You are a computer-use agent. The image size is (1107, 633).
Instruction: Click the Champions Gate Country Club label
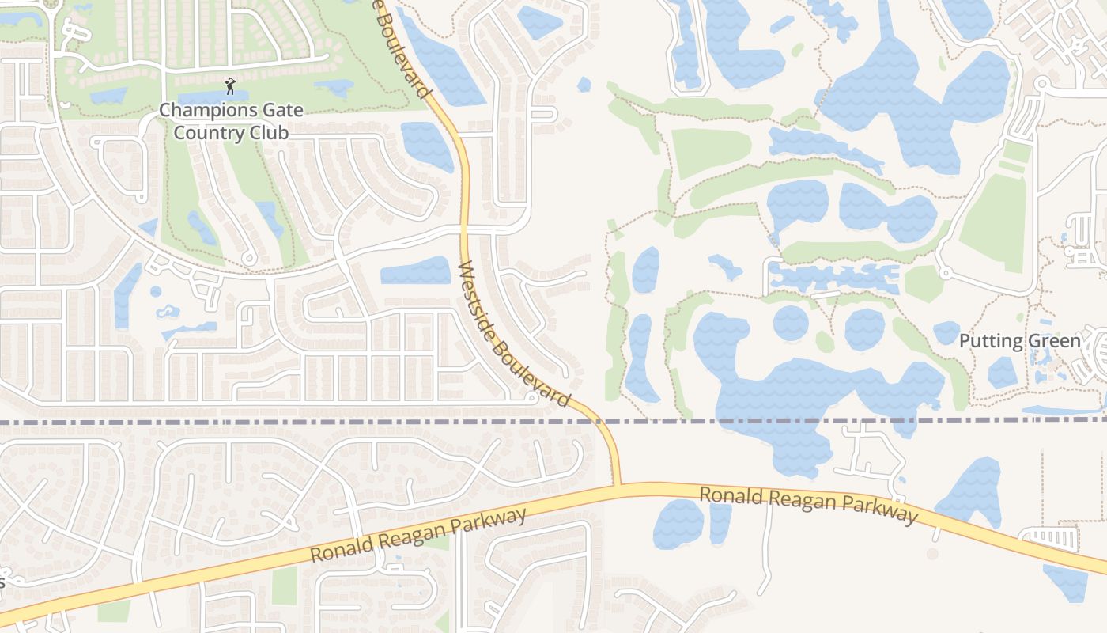(231, 120)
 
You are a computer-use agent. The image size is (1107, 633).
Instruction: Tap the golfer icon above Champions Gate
(230, 85)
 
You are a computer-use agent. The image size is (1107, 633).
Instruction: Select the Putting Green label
(1019, 341)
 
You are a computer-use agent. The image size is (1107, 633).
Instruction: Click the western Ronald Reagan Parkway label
(417, 536)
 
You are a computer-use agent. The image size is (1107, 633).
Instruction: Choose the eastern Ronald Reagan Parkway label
(808, 504)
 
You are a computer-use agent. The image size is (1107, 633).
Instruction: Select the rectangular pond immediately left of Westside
(415, 271)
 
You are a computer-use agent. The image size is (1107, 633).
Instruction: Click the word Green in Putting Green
(1052, 341)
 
